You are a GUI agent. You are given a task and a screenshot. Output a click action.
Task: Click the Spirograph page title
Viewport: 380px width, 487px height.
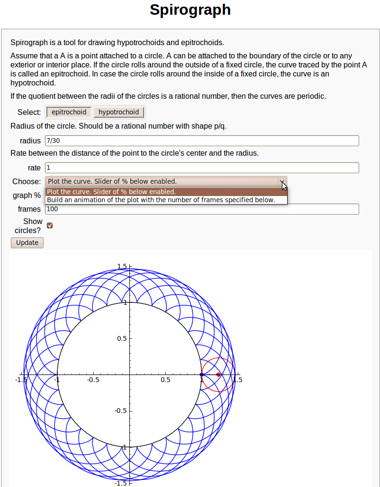(x=190, y=10)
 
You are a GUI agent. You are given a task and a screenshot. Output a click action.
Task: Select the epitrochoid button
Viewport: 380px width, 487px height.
(x=69, y=112)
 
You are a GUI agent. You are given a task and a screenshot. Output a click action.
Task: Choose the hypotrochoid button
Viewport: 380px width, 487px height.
(x=118, y=112)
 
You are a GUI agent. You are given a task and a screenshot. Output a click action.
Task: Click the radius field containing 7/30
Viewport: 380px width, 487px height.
(x=202, y=141)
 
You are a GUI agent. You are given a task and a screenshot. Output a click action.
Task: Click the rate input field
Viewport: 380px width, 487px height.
(x=202, y=168)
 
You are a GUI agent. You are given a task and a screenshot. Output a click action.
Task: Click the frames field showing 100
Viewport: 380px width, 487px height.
(x=202, y=209)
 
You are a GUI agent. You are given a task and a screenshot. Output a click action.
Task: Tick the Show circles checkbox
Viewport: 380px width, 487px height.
(x=50, y=225)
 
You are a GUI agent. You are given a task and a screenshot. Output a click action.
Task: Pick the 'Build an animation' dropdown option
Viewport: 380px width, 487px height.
(x=161, y=200)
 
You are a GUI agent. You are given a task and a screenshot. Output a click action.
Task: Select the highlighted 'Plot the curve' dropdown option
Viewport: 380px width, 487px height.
(x=111, y=192)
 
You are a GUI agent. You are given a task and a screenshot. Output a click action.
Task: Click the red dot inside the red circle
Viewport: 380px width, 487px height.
(x=218, y=375)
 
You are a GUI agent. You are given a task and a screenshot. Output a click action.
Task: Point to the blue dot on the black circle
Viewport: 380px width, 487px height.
(x=201, y=375)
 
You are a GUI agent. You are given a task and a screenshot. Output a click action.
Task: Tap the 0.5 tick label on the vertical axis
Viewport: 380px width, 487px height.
(x=122, y=338)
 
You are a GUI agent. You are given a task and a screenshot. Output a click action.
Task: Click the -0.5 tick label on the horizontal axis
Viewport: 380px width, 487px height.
(x=93, y=380)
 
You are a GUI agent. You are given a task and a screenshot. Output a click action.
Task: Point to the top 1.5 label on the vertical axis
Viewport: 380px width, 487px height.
(x=122, y=266)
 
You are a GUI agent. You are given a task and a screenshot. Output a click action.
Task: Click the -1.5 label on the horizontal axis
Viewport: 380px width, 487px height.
(x=20, y=380)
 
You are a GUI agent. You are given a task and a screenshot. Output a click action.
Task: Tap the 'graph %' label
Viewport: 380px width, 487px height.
(x=27, y=196)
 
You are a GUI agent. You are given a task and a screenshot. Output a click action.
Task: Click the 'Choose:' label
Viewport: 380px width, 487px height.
(x=27, y=181)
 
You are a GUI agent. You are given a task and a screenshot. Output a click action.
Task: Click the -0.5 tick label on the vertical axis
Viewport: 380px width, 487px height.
(x=120, y=411)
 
